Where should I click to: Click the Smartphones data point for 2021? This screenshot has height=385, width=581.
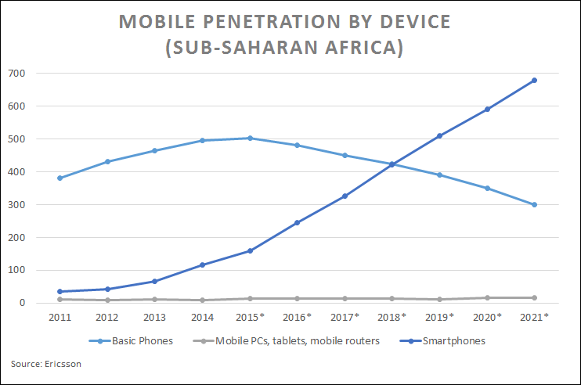(x=534, y=81)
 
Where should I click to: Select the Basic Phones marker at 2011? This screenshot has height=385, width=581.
(x=60, y=178)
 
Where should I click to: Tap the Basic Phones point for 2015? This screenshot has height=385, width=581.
(x=250, y=139)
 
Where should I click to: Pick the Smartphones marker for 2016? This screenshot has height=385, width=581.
(x=297, y=223)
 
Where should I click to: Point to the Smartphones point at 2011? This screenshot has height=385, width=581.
(x=60, y=292)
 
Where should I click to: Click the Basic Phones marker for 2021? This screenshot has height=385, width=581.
(x=534, y=205)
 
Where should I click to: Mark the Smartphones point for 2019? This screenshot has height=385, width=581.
(x=439, y=136)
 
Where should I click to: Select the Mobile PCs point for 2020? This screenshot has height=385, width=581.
(x=487, y=298)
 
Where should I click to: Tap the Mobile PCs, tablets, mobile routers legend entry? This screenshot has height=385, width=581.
(x=294, y=341)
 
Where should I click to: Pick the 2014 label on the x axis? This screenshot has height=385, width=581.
(x=202, y=317)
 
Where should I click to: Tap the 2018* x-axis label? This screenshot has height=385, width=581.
(x=392, y=317)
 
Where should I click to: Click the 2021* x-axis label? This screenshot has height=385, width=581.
(x=534, y=317)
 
